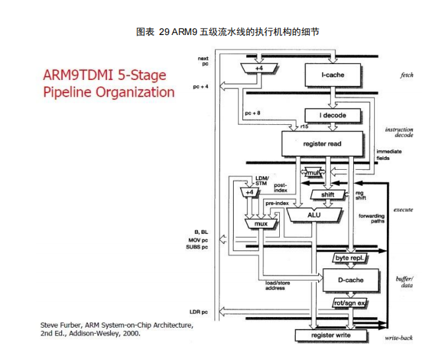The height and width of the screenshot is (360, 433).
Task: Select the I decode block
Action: (x=333, y=116)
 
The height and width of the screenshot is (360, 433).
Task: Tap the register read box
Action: (x=322, y=142)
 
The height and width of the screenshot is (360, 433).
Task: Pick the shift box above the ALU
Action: (x=328, y=195)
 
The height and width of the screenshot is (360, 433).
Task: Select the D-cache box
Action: (x=351, y=280)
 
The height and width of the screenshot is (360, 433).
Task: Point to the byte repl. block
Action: (x=350, y=258)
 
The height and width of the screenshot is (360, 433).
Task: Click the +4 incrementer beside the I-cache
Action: (x=259, y=68)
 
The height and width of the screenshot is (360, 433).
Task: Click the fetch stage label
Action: (x=407, y=75)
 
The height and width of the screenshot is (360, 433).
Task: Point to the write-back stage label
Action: (x=399, y=338)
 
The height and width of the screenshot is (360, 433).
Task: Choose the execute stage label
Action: (x=403, y=210)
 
